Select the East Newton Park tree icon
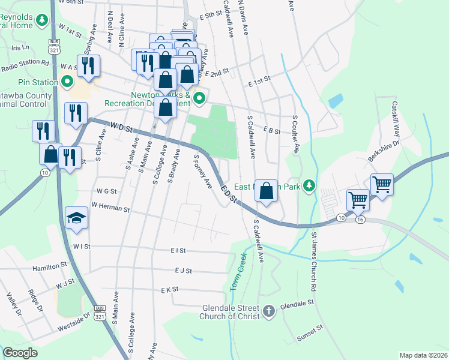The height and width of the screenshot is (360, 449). point(309,185)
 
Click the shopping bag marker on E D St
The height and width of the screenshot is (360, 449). point(267,191)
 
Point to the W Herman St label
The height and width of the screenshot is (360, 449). point(110,209)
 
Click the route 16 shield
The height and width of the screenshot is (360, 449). point(360,220)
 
